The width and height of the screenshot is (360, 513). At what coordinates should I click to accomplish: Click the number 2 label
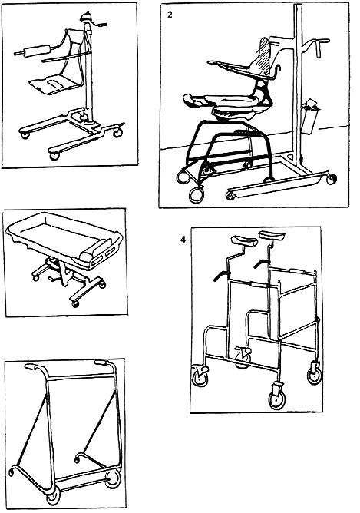point(170,15)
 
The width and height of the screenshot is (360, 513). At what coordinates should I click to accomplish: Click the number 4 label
point(183,240)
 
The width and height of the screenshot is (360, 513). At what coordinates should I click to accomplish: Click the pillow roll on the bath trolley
point(93,251)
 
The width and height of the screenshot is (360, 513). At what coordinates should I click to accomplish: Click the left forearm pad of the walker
point(243,240)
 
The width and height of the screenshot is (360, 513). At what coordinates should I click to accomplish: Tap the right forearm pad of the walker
point(272,236)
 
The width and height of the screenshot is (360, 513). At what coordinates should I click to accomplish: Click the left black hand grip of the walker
point(222,275)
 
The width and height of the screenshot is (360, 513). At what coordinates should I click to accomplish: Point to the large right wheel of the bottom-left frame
point(113,479)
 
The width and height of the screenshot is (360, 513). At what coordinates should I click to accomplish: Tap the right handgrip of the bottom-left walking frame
point(102,362)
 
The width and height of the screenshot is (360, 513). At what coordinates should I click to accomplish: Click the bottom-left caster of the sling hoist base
point(25,135)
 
